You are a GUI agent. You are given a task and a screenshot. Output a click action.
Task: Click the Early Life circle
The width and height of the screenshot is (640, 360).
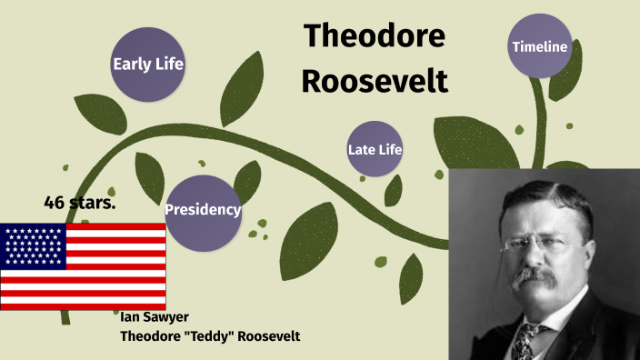coord(147,64)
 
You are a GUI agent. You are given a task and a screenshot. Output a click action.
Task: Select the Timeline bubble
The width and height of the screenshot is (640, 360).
coord(540,46)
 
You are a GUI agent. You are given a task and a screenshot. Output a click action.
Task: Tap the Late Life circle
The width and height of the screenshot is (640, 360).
coord(375,149)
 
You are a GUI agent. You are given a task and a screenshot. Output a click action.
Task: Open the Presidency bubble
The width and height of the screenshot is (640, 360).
coord(203,211)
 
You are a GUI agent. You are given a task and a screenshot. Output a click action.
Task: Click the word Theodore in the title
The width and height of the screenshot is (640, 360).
coord(375,36)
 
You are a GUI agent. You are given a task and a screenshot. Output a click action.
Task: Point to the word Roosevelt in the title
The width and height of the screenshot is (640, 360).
coord(375,80)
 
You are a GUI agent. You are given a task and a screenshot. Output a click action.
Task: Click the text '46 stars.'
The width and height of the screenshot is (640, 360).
coord(79,202)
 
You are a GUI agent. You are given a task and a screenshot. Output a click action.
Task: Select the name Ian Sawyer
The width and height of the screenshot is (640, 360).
coord(155,317)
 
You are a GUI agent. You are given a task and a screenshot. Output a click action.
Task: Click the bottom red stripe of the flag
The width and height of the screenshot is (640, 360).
coord(83,305)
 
